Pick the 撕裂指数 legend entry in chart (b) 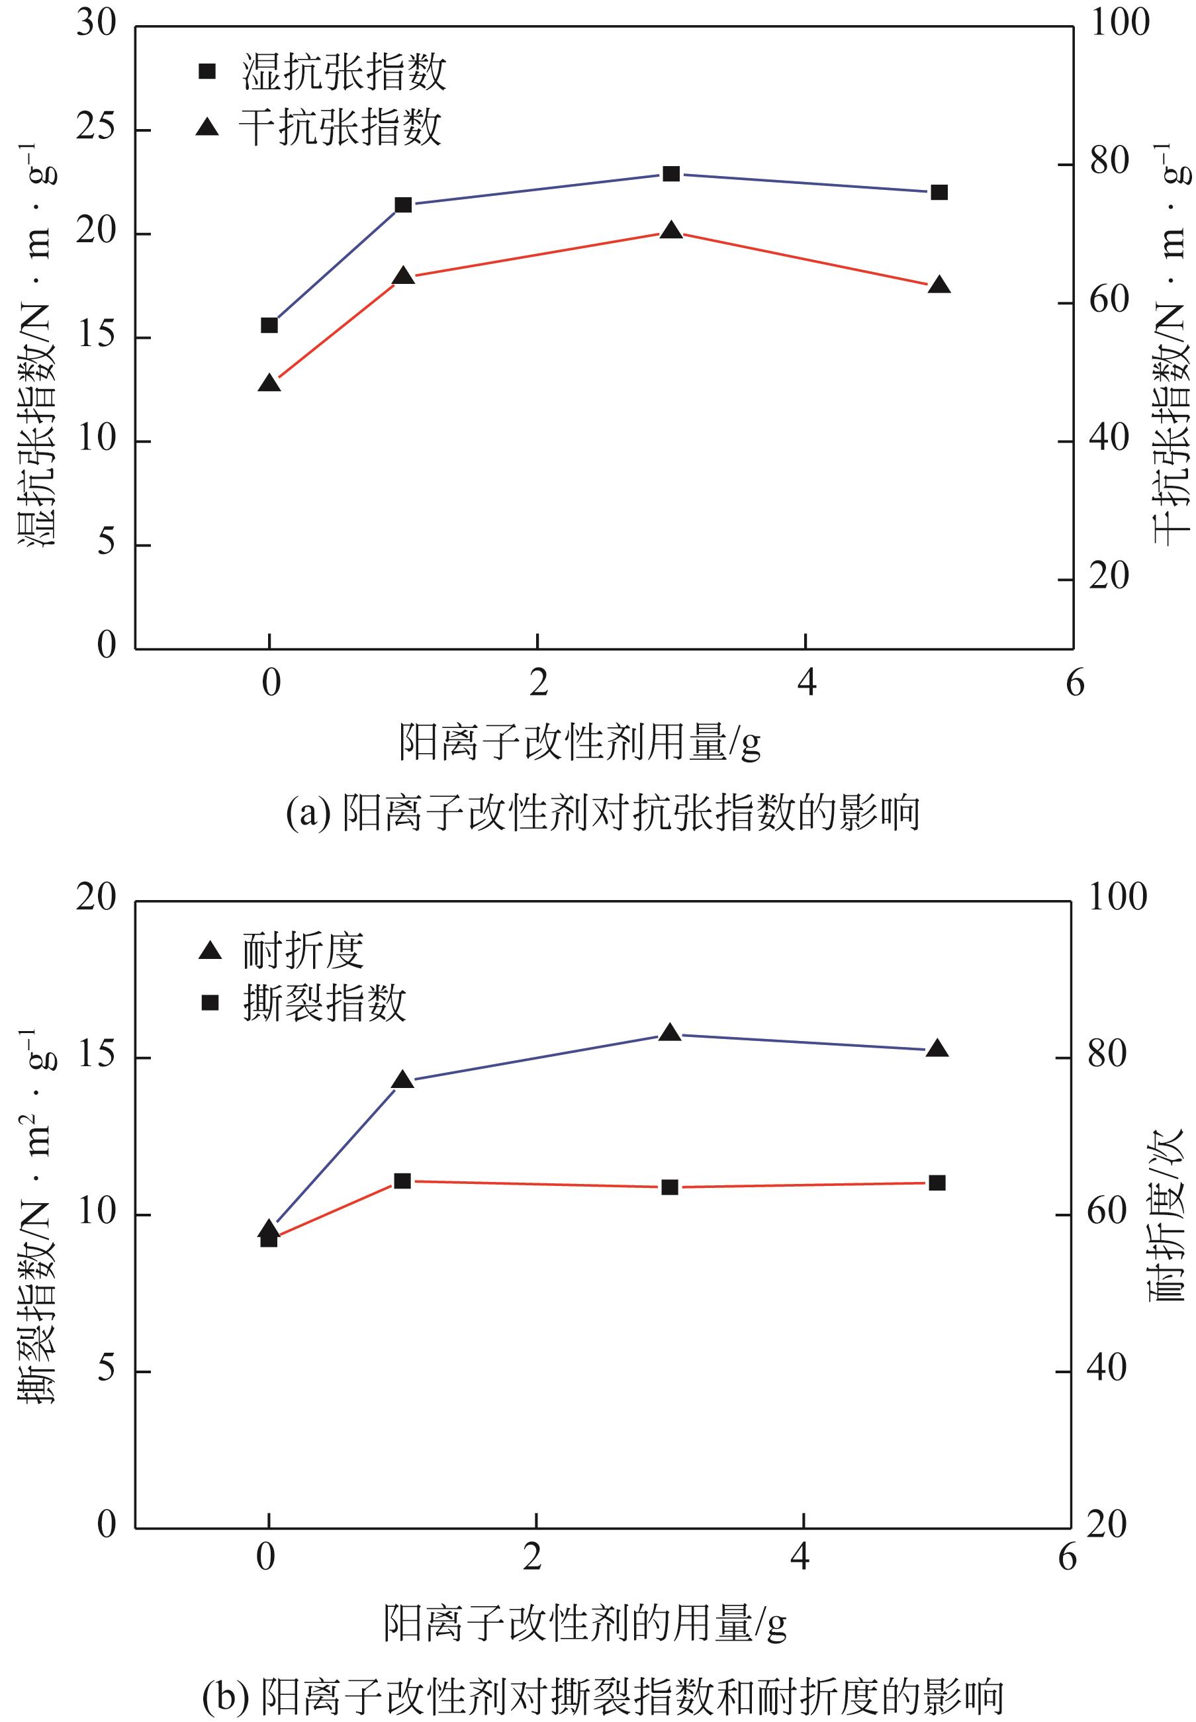coord(304,1003)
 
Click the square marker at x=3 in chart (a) coord(671,174)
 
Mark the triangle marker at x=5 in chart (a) coord(939,285)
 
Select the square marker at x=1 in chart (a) coord(403,204)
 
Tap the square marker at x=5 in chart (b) coord(937,1183)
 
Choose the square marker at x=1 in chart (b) coord(402,1181)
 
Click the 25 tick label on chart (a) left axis coord(97,129)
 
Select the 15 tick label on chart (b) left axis coord(97,1057)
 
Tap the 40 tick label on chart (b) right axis coord(1106,1369)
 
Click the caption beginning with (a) coord(602,813)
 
